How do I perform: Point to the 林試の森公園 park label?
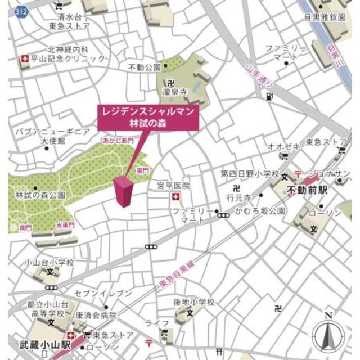40,195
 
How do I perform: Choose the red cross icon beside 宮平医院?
175,197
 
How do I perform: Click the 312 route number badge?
21,11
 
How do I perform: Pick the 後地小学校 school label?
194,302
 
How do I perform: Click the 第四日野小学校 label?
250,174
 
